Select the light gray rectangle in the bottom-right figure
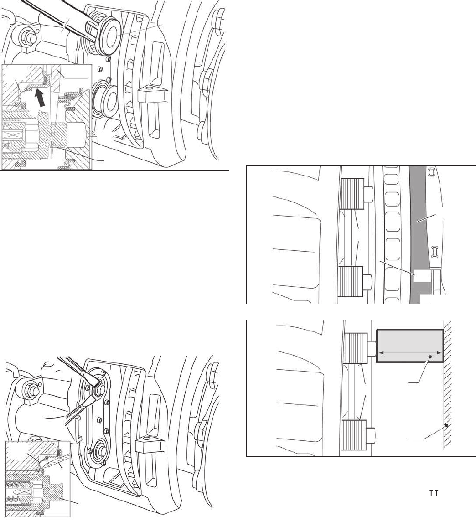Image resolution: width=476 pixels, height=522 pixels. pos(409,346)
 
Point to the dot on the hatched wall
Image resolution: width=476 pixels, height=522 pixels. pos(446,425)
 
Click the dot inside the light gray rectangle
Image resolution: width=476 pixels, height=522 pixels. pos(430,357)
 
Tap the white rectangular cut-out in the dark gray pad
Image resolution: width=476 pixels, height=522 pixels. pos(420,276)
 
